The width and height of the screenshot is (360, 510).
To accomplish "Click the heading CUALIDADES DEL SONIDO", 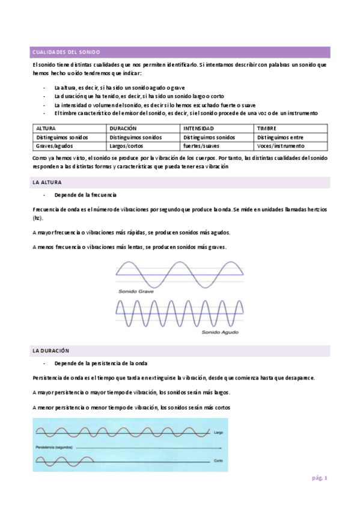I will (x=66, y=52).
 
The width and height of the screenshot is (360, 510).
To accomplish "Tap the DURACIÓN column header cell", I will (x=124, y=129).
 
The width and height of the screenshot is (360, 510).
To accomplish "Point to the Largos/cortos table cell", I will (x=127, y=146).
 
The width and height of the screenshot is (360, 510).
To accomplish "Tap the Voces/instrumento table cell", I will (x=279, y=146).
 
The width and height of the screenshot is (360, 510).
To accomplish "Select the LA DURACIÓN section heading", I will (x=50, y=350).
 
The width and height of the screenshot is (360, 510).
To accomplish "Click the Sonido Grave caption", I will (x=136, y=291).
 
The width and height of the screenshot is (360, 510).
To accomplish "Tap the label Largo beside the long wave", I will (x=219, y=432).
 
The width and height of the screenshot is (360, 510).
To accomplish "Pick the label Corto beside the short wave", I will (x=219, y=461).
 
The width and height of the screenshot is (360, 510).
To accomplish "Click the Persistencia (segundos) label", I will (x=55, y=448).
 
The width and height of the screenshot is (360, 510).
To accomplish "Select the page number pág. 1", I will (x=319, y=478).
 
